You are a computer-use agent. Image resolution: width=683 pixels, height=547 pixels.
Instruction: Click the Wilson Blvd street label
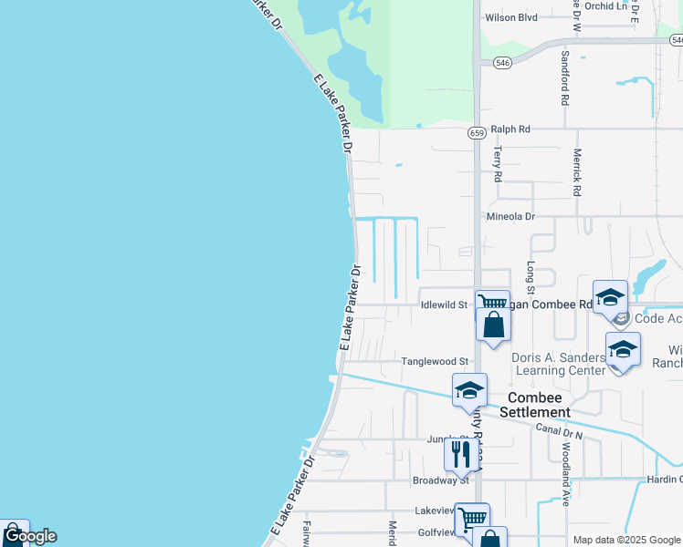[x=511, y=16]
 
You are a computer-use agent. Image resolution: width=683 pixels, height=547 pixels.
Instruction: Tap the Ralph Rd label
[x=510, y=129]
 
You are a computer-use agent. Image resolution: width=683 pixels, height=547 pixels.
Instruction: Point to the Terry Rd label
[x=498, y=164]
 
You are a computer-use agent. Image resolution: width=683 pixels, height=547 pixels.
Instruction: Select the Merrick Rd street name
[x=577, y=173]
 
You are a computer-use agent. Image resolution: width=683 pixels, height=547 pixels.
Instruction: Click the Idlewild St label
[x=444, y=304]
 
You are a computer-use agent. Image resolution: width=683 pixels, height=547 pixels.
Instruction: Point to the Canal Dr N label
[x=559, y=430]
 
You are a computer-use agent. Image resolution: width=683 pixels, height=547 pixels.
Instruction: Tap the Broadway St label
[x=440, y=480]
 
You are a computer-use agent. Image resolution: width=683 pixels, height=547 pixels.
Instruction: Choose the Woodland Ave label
[x=565, y=474]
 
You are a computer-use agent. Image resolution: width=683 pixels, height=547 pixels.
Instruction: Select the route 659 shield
[x=477, y=132]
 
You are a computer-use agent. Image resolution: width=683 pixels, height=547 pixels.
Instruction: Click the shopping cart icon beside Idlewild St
[x=492, y=303]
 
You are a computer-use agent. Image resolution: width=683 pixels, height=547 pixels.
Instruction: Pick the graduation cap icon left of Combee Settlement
[x=469, y=389]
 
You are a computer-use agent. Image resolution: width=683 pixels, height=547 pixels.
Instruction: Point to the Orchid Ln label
[x=610, y=5]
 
